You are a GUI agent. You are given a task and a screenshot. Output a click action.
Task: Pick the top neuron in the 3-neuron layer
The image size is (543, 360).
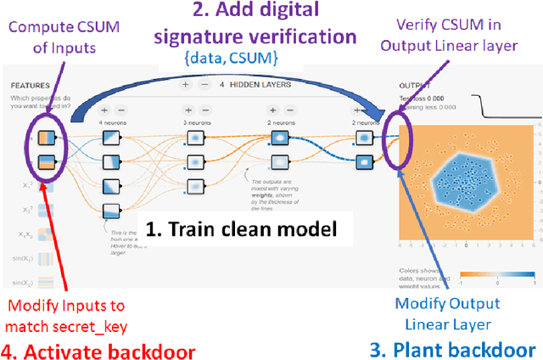197,135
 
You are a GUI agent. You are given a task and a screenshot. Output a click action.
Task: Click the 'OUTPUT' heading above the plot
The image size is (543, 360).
416,86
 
